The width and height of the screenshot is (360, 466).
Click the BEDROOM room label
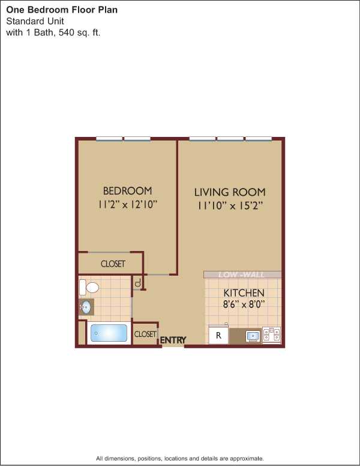(127, 191)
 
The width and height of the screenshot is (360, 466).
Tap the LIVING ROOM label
(230, 192)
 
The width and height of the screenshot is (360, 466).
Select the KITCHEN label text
(244, 292)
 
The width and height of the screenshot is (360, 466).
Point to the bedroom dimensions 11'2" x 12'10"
(127, 204)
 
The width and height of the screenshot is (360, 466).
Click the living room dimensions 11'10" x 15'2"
(230, 205)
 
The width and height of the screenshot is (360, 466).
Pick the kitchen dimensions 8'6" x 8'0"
(244, 304)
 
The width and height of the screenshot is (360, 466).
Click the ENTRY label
(173, 340)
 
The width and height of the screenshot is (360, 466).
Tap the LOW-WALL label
(241, 274)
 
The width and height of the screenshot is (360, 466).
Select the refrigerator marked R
(218, 335)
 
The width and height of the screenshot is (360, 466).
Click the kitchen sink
(253, 336)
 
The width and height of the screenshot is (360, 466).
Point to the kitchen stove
(271, 335)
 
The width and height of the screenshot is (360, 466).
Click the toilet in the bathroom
(89, 288)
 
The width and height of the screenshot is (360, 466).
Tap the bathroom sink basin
(86, 307)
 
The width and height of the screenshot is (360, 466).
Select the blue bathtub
(109, 333)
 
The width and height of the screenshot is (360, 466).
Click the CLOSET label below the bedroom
(113, 264)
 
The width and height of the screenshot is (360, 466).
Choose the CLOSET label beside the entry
(145, 334)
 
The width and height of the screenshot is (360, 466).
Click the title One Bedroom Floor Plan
(62, 10)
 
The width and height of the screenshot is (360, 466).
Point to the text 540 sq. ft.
(80, 32)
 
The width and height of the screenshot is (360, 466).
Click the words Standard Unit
(35, 21)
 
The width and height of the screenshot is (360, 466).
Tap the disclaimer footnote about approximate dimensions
(180, 458)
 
